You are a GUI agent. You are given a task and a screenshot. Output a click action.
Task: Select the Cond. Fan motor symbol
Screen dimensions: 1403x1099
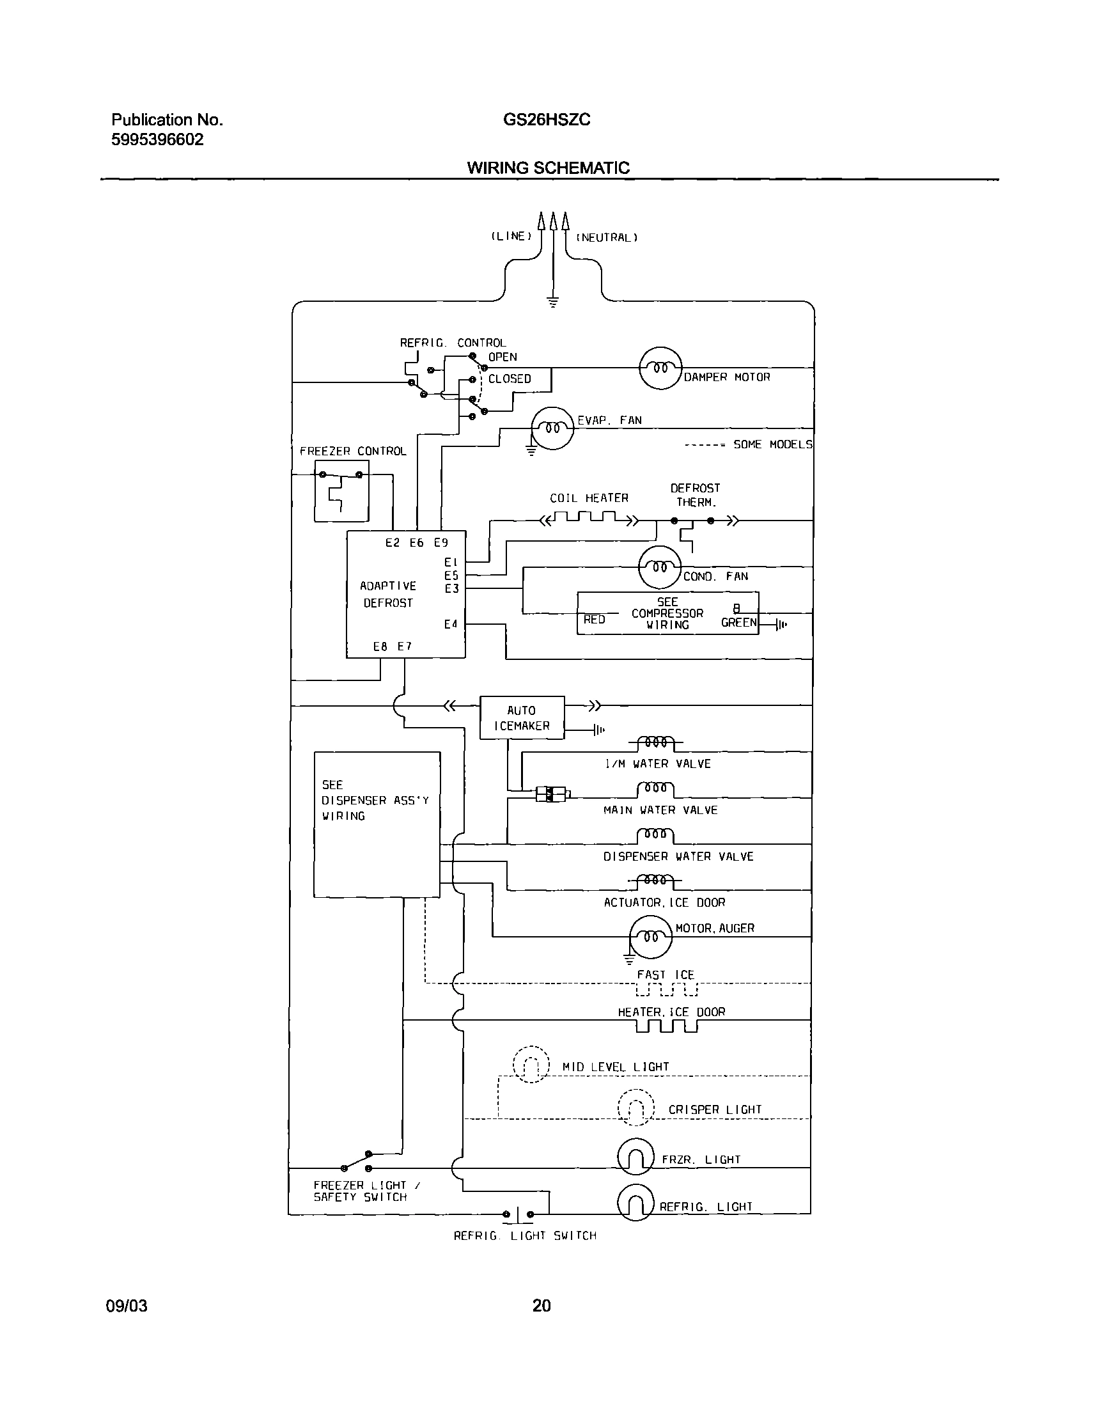tap(660, 568)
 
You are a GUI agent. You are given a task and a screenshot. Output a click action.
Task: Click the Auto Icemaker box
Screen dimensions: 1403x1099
tap(522, 717)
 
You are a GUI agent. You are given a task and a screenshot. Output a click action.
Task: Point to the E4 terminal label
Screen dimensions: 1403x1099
tap(451, 623)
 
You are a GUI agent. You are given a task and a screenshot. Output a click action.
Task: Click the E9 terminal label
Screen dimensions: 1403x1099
tap(440, 542)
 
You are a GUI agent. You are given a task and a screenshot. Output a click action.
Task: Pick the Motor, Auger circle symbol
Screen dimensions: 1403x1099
tap(651, 937)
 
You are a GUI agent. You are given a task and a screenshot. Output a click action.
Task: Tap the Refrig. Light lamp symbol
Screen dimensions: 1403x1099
tap(635, 1202)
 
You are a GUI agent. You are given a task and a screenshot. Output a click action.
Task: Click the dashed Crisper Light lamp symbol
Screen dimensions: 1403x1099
tap(635, 1108)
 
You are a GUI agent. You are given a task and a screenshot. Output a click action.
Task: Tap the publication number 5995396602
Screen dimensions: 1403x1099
tap(157, 139)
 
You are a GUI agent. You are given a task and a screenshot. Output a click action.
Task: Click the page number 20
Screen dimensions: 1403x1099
tap(541, 1306)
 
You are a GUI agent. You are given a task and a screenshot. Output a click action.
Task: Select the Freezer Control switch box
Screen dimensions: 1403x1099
tap(341, 490)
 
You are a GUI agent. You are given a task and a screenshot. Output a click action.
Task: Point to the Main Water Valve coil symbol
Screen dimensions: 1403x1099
tap(655, 789)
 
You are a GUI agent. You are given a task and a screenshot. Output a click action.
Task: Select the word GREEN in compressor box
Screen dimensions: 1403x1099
tap(738, 622)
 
